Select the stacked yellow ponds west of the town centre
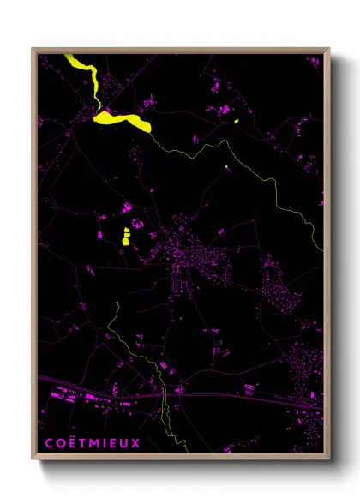point(126,236)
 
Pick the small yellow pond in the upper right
point(236,121)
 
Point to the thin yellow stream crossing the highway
point(163,396)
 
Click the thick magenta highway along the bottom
point(214,395)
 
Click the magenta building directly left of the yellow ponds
point(100,234)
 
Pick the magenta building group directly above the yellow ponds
point(125,208)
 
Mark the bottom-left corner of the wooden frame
point(33,460)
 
